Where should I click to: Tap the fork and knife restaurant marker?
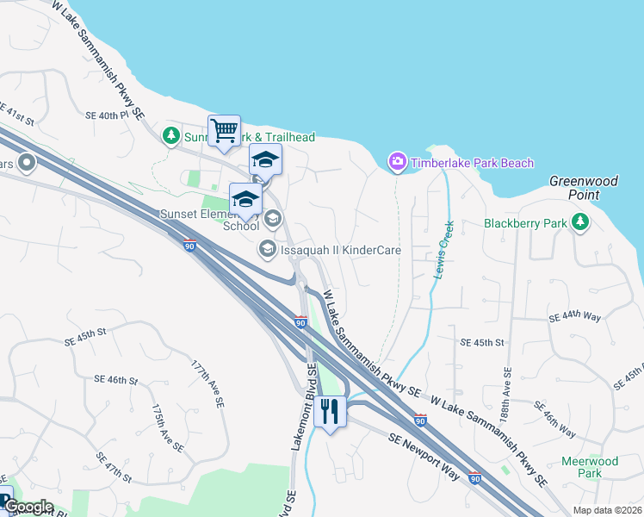(x=329, y=410)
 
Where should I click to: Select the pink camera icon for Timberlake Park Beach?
(x=397, y=162)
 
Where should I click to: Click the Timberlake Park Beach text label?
(x=472, y=163)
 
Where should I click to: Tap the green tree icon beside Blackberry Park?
(x=581, y=223)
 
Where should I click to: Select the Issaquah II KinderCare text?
(x=341, y=250)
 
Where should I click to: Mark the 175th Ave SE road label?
(x=167, y=427)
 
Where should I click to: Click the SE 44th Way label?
(x=575, y=318)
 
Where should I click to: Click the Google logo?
(x=28, y=507)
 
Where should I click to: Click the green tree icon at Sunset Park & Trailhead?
(x=171, y=136)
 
